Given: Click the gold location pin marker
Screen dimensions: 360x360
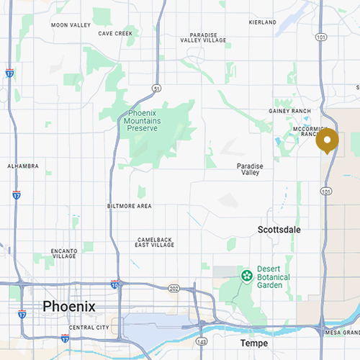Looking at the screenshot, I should pos(327,140).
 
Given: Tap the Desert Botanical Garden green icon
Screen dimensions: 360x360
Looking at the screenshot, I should pos(247,274).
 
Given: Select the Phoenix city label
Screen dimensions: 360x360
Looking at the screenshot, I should pos(68,306).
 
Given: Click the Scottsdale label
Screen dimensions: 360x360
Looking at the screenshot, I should pos(279,230).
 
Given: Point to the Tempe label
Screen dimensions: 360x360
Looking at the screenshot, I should pos(253,343).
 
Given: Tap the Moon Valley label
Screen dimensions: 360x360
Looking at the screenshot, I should pos(71,25).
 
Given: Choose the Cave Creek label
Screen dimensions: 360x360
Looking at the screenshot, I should pos(115,33).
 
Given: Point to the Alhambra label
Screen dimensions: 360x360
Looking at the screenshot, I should pos(22,166).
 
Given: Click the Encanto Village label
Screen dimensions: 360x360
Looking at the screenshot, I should pos(64,253).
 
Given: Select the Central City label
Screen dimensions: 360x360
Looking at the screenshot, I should pos(89,328).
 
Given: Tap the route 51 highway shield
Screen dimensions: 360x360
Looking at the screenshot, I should pos(156,88).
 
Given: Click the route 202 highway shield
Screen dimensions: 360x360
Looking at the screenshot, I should pos(174,289).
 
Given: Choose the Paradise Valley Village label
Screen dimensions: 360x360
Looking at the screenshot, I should pos(208,37).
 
